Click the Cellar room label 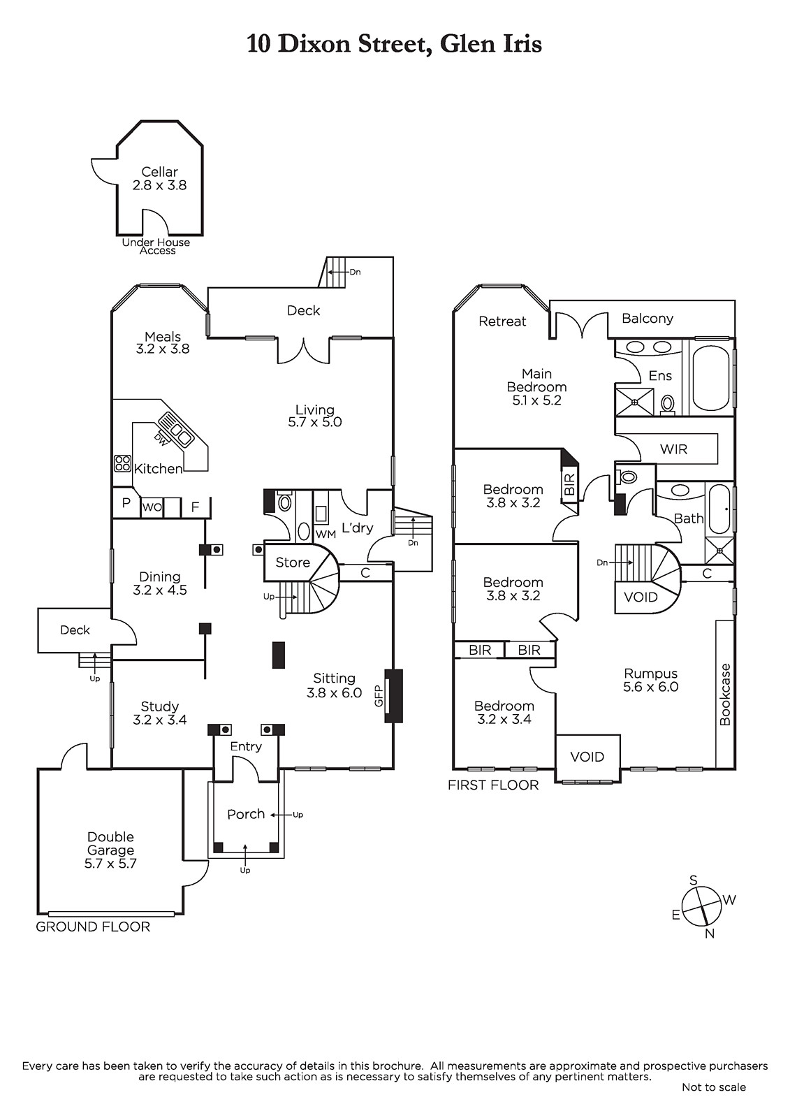[159, 172]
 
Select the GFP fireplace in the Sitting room [394, 696]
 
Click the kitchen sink [175, 429]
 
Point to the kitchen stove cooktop [122, 463]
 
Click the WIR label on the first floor [673, 449]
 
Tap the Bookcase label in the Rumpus [725, 694]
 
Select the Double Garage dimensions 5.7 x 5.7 [110, 864]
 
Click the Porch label [246, 814]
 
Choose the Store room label [292, 562]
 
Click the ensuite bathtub [711, 377]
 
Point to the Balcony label [648, 319]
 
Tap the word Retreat [502, 321]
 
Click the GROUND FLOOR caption [93, 927]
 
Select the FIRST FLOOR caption [493, 785]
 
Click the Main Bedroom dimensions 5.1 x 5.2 [536, 400]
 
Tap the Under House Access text [156, 247]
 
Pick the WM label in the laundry [326, 535]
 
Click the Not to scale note [714, 1087]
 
